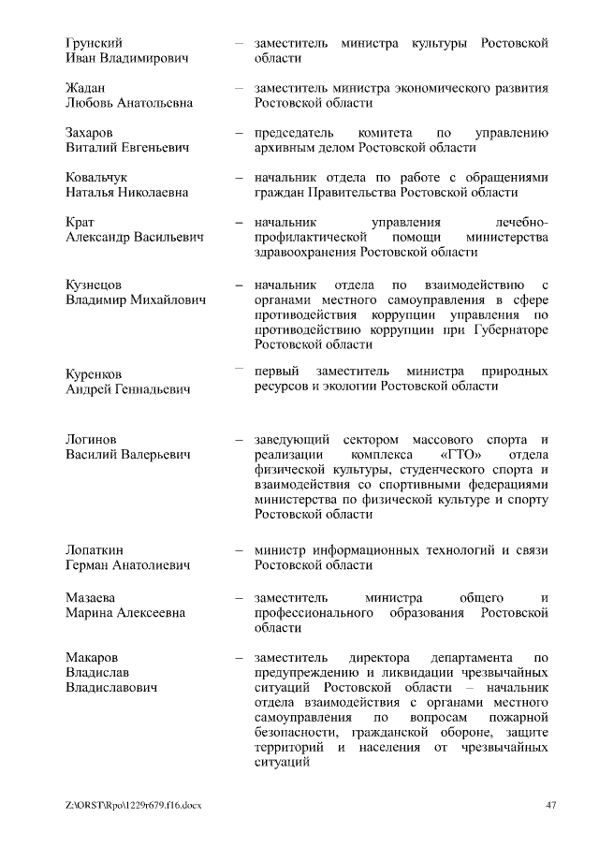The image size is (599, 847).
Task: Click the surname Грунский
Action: [94, 43]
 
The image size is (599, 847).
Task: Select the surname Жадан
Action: [85, 88]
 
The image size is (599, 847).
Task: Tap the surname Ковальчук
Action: [96, 177]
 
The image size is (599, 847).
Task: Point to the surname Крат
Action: [80, 223]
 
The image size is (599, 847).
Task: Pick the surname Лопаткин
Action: [95, 550]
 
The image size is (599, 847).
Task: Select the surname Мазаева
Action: [91, 597]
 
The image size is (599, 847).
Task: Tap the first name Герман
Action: [90, 565]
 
